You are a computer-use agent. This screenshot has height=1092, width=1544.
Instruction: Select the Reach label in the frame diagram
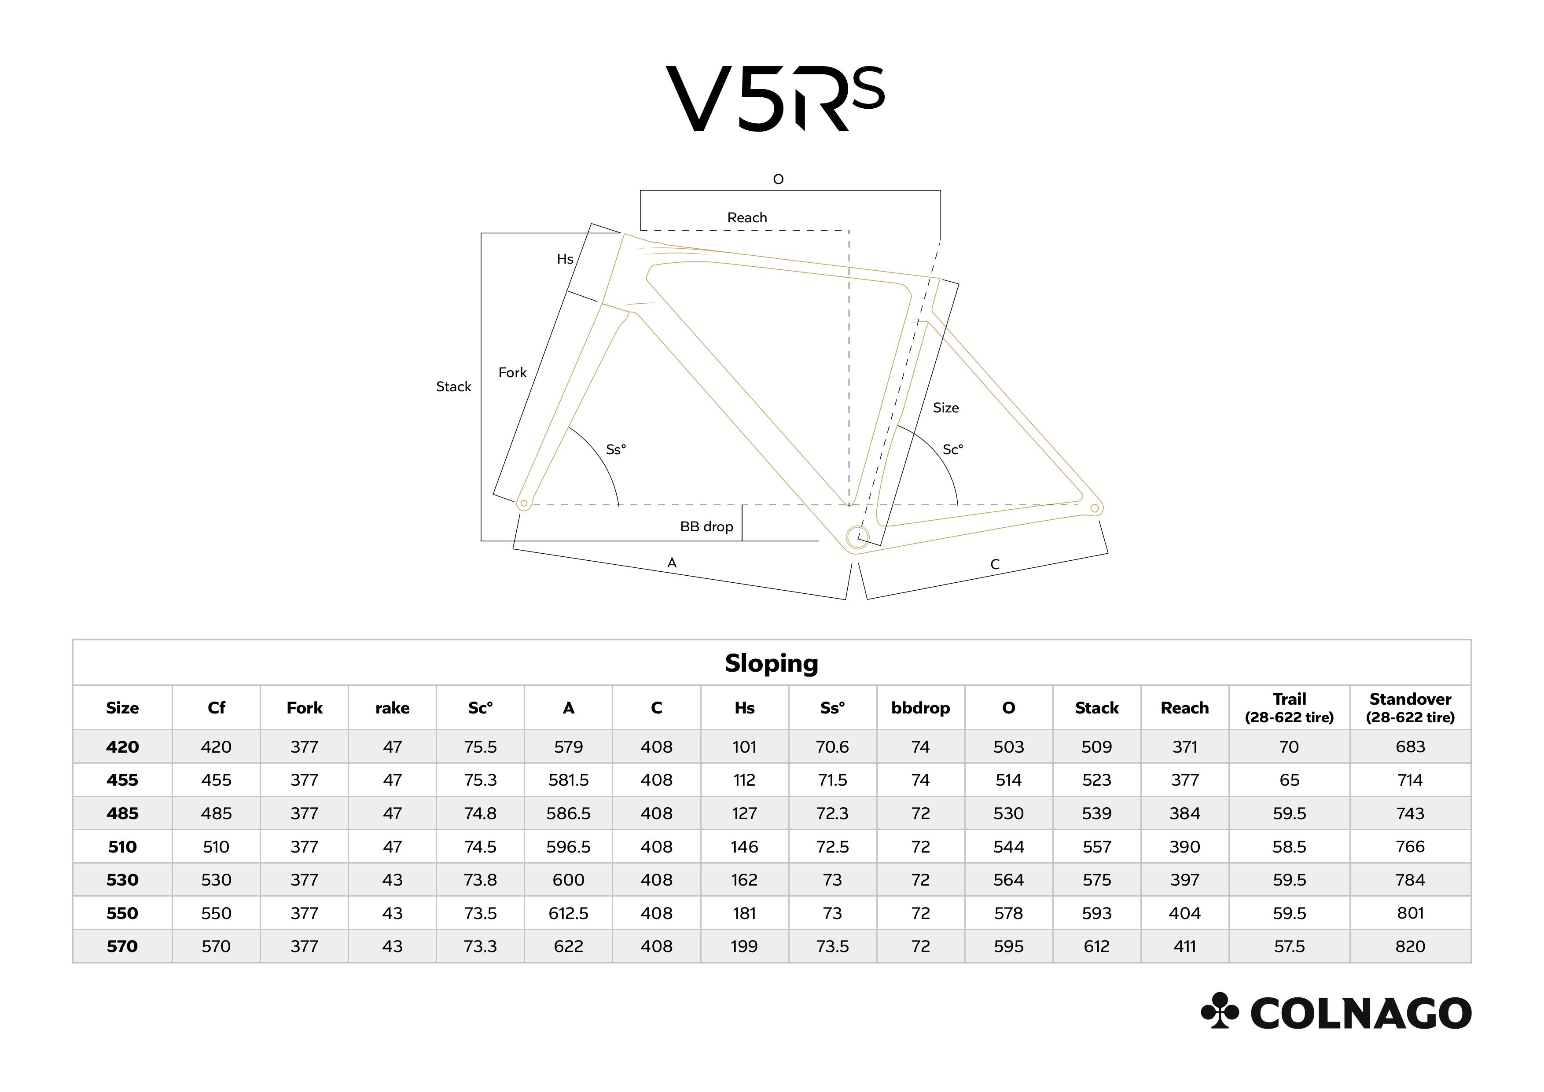pos(746,217)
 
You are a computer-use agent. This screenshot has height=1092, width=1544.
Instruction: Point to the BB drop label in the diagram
pos(706,526)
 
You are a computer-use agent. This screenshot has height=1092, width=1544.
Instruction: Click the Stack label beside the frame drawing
pos(453,386)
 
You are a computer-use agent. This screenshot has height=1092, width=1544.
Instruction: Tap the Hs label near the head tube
pos(565,259)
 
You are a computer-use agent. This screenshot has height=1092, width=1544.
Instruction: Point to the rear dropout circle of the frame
pos(1094,508)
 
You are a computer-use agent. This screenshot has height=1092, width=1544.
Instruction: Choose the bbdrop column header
pos(921,708)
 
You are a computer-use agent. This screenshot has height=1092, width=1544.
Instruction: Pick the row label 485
pos(122,814)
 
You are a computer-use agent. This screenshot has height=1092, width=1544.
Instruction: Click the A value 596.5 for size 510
pos(568,846)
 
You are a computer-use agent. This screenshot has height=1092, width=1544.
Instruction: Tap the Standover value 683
pos(1410,747)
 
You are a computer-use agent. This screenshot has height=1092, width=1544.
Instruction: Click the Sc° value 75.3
pos(480,780)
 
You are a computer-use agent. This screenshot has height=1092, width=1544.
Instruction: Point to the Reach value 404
pos(1185,913)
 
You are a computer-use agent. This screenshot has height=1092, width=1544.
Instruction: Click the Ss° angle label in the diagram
pos(616,449)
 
